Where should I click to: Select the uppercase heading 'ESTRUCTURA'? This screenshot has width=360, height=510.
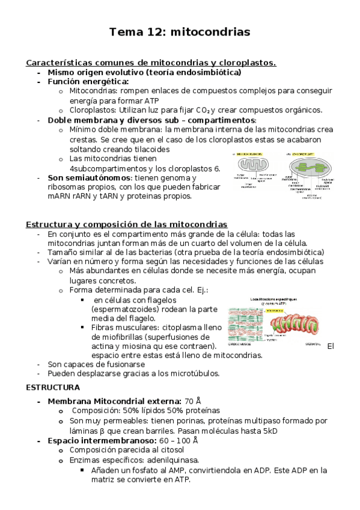[x=53, y=387]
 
